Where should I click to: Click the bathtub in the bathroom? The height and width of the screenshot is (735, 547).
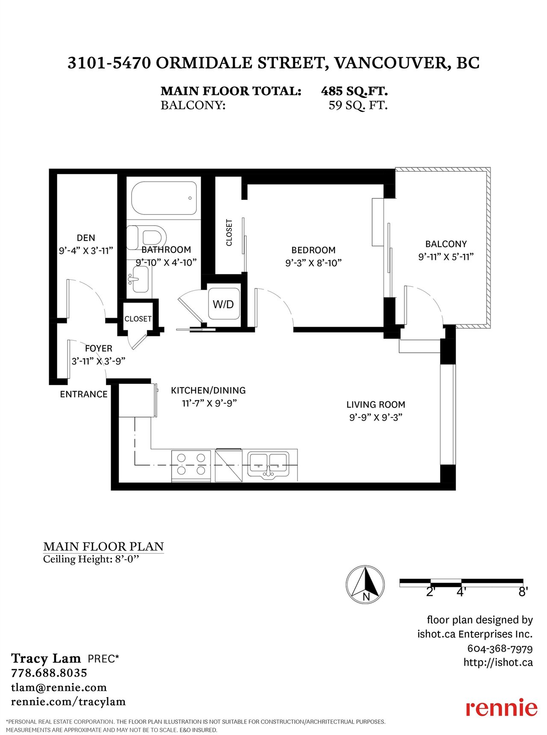(x=164, y=198)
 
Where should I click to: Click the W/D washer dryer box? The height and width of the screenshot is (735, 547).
(x=224, y=304)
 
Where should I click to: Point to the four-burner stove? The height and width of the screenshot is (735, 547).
(x=191, y=465)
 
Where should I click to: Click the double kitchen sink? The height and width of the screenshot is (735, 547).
(x=268, y=464)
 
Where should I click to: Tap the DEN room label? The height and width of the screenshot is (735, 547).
(x=86, y=238)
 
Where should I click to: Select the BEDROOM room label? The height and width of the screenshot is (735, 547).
(x=313, y=250)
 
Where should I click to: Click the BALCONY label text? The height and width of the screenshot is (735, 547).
(x=446, y=244)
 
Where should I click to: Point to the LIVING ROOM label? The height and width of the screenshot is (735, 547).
(x=376, y=405)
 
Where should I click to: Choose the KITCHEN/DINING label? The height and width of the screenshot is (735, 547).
(x=208, y=390)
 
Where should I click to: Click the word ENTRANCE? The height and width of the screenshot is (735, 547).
(x=84, y=394)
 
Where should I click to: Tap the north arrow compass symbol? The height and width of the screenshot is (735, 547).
(x=365, y=584)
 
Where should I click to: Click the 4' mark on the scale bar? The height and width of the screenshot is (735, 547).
(x=461, y=592)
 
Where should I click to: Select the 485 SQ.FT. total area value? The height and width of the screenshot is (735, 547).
(x=354, y=91)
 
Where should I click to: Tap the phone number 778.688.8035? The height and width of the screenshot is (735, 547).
(x=49, y=673)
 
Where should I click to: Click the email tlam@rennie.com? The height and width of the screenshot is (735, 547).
(x=59, y=688)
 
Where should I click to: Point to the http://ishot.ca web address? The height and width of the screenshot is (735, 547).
(x=498, y=662)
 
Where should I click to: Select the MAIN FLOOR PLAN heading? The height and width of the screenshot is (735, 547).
(x=103, y=547)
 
